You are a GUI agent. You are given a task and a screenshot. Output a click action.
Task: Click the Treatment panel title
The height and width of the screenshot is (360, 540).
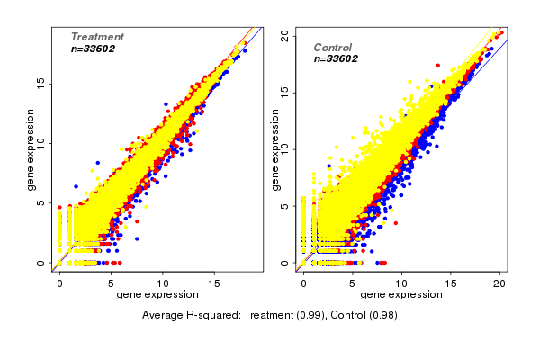pyautogui.click(x=97, y=37)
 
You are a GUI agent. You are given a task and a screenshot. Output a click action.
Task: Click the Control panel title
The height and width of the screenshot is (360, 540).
pyautogui.click(x=333, y=47)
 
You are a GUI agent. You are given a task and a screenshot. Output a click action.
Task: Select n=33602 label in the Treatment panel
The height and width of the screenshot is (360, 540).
pyautogui.click(x=93, y=49)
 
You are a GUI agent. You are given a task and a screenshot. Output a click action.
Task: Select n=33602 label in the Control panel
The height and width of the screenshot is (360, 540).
pyautogui.click(x=337, y=58)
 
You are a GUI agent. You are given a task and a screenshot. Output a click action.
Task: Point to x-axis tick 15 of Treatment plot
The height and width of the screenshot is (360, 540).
pyautogui.click(x=215, y=283)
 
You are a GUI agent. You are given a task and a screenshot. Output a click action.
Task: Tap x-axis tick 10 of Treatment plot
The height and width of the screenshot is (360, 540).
pyautogui.click(x=163, y=283)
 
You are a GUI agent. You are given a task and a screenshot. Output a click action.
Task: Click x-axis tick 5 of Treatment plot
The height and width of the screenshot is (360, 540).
pyautogui.click(x=112, y=283)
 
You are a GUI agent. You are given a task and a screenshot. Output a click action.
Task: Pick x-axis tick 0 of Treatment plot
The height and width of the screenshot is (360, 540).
pyautogui.click(x=60, y=283)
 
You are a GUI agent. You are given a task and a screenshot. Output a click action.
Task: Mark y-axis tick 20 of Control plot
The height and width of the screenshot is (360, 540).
pyautogui.click(x=284, y=34)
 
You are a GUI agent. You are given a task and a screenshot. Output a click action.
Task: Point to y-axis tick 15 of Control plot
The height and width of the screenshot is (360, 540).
pyautogui.click(x=284, y=92)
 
